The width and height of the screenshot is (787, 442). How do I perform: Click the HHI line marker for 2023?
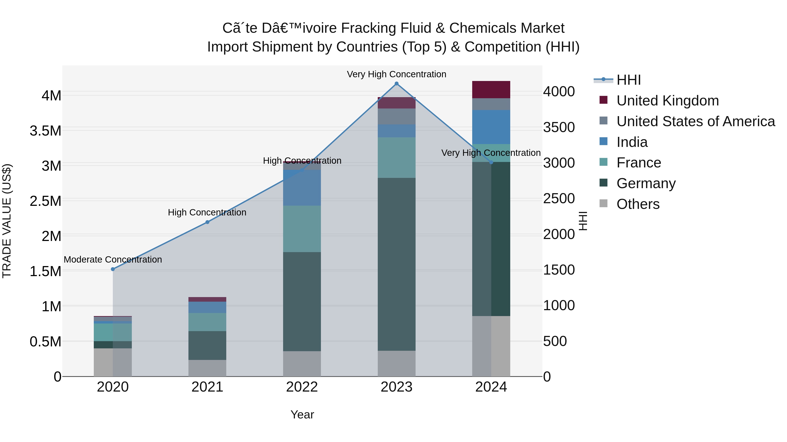(x=397, y=84)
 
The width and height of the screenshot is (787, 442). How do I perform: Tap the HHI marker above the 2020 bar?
(x=113, y=269)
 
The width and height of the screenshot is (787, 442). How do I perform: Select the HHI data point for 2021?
(x=207, y=222)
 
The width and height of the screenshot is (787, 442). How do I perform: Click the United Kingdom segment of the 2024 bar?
(x=491, y=90)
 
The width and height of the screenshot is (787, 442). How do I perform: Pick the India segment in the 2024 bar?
(x=491, y=127)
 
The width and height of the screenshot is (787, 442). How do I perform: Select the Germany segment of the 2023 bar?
(x=397, y=264)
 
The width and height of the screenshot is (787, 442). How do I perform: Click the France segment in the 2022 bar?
(x=302, y=229)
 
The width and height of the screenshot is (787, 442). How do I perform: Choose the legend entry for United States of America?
(x=695, y=121)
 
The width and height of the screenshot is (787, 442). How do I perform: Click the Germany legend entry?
(x=646, y=183)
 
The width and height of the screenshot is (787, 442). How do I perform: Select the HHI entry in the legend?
(x=629, y=80)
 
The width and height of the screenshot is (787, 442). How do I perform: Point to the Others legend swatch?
(x=603, y=203)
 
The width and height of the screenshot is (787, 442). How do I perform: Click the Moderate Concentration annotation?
(x=113, y=260)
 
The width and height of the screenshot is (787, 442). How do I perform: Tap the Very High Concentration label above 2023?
(x=397, y=74)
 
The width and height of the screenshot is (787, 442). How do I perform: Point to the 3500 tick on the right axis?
(x=559, y=127)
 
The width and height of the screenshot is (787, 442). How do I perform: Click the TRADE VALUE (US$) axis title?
(x=7, y=221)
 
